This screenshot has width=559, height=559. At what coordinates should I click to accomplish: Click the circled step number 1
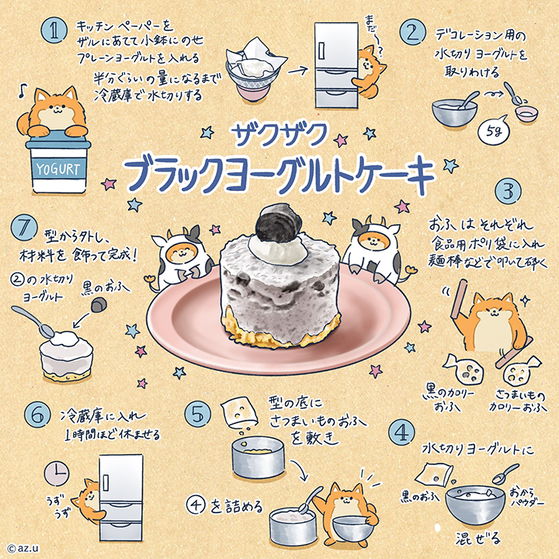[54, 30]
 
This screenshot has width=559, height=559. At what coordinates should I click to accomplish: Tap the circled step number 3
[508, 191]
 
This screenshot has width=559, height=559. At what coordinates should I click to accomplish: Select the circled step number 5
[198, 415]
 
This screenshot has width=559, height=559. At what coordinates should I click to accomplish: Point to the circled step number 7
[24, 229]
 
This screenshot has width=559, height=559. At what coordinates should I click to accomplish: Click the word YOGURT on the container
[58, 169]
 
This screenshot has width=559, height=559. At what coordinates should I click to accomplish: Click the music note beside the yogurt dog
[23, 92]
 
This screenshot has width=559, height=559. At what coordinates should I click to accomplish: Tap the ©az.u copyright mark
[23, 548]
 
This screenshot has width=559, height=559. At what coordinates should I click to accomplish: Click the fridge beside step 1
[336, 65]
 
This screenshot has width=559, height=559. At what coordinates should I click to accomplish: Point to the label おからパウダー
[526, 497]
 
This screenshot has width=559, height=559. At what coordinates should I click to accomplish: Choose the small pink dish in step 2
[526, 114]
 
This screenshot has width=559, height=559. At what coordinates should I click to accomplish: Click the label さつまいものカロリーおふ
[517, 401]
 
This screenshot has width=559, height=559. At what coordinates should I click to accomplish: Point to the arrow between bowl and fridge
[298, 71]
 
